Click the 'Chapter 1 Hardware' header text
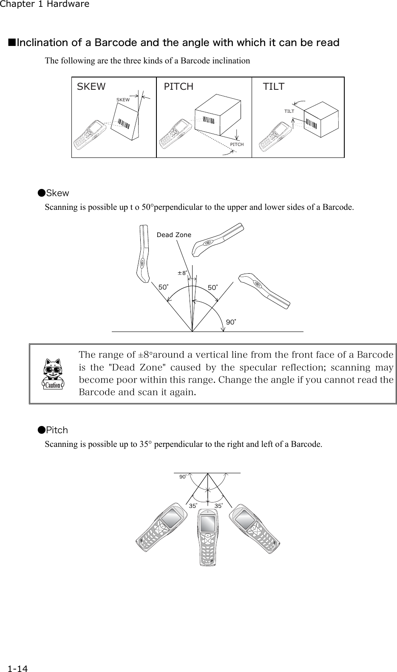[x=45, y=4]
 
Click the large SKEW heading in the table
[x=91, y=87]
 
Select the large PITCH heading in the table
[x=179, y=87]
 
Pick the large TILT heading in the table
[x=274, y=87]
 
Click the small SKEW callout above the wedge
[x=123, y=100]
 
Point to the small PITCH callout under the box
[x=237, y=145]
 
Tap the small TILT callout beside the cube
[x=289, y=111]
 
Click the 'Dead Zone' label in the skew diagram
[x=174, y=235]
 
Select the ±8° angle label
[x=182, y=273]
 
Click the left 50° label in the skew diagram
[x=163, y=287]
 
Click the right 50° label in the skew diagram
[x=213, y=288]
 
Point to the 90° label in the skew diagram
[x=230, y=322]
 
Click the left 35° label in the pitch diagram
[x=193, y=506]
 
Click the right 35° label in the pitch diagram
[x=218, y=506]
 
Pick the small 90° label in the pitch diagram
[x=183, y=477]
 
